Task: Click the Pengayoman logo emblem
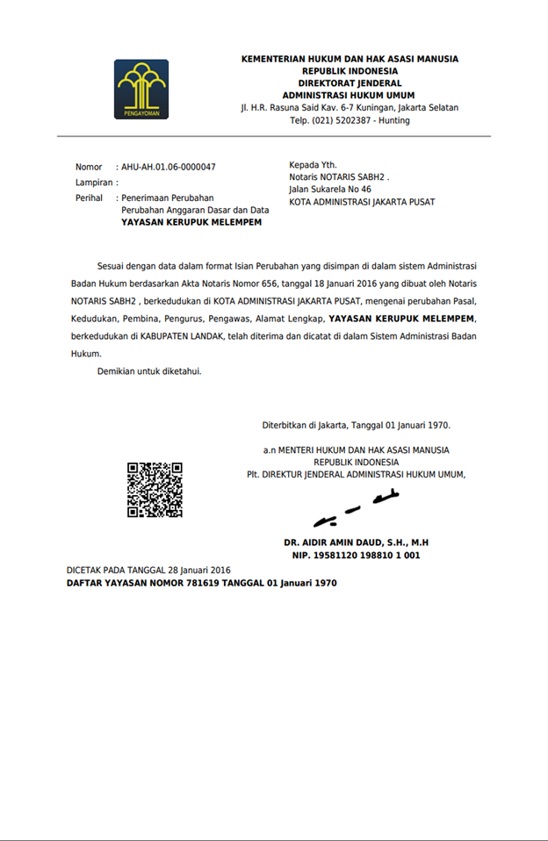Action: point(141,89)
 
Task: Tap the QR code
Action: point(155,489)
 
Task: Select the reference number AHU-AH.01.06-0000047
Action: point(169,167)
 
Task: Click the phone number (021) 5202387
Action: point(340,120)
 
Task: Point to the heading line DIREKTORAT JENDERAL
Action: point(350,83)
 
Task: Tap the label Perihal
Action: point(90,198)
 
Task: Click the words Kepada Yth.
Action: point(313,164)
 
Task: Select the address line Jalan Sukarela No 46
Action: point(330,189)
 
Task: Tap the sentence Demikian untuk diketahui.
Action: point(149,371)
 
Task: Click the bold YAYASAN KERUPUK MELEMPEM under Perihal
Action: point(191,223)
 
